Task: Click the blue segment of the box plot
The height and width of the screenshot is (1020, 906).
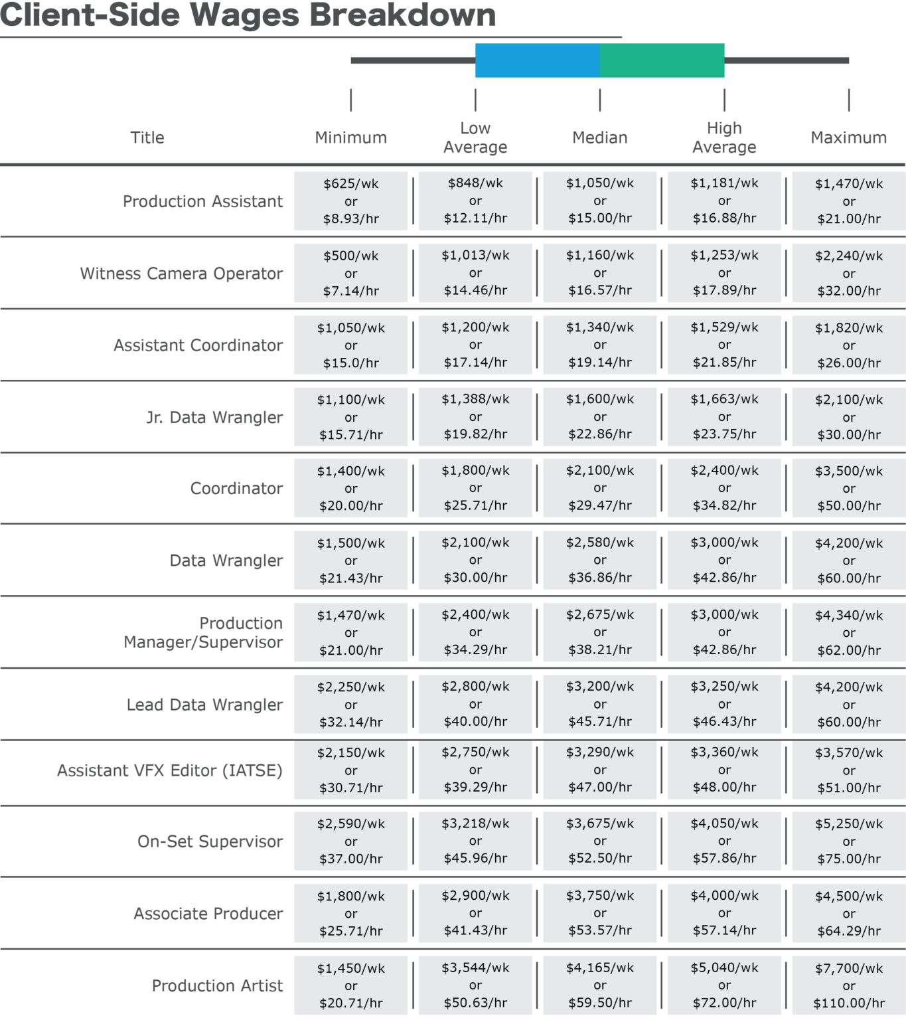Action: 537,60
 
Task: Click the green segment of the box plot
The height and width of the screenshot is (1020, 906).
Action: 662,60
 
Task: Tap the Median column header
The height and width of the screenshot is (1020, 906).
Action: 599,137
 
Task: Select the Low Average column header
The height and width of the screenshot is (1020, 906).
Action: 475,137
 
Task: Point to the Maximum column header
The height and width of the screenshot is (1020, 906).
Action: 848,137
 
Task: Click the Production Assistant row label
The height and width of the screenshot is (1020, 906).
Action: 202,201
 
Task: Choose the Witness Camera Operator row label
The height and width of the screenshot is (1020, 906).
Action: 181,274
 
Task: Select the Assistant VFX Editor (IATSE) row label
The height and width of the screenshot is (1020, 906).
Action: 170,770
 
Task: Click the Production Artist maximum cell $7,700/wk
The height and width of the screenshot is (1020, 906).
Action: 848,985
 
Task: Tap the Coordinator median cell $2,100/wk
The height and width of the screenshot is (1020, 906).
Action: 599,488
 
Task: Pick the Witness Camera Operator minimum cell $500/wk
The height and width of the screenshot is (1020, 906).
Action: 350,273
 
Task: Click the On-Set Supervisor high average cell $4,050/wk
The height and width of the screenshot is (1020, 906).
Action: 724,841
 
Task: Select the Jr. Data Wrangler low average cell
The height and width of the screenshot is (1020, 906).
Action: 475,417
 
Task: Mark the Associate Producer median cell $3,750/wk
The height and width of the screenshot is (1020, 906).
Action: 599,913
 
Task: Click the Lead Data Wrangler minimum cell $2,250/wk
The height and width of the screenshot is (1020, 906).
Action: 350,705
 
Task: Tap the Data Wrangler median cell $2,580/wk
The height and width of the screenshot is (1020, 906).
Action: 599,560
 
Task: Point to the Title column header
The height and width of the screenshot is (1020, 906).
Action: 147,137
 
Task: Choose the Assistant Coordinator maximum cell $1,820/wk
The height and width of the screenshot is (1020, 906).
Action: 848,345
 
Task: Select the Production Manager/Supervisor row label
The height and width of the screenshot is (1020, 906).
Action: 204,633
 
